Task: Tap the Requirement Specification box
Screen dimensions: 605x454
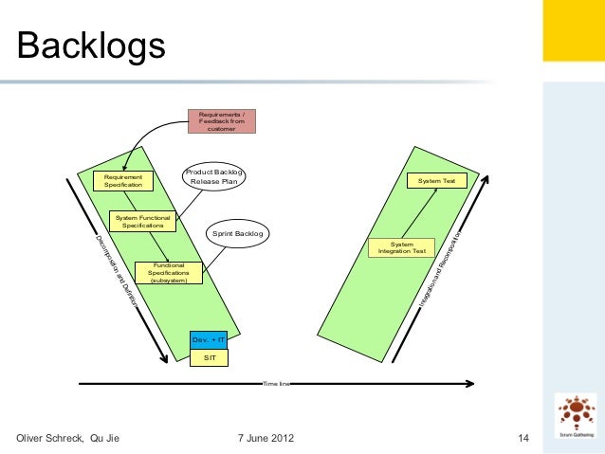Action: click(x=123, y=180)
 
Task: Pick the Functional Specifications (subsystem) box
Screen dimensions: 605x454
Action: click(x=168, y=273)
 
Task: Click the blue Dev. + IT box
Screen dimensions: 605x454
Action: click(x=209, y=338)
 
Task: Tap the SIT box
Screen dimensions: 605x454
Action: click(x=209, y=357)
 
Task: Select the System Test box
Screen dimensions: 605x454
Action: click(x=436, y=180)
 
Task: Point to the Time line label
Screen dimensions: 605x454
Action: click(x=276, y=384)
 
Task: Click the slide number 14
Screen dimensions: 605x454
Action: click(x=522, y=438)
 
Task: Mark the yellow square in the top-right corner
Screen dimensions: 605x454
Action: click(x=573, y=30)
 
